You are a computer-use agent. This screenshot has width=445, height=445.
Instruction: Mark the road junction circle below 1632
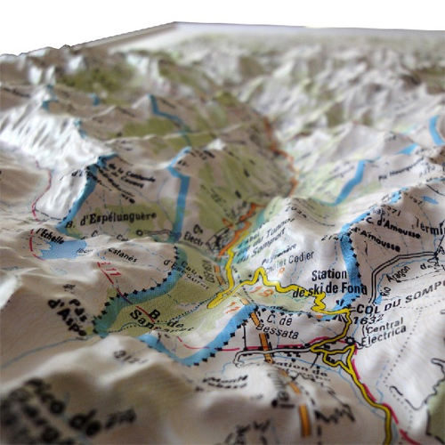[x=351, y=341]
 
